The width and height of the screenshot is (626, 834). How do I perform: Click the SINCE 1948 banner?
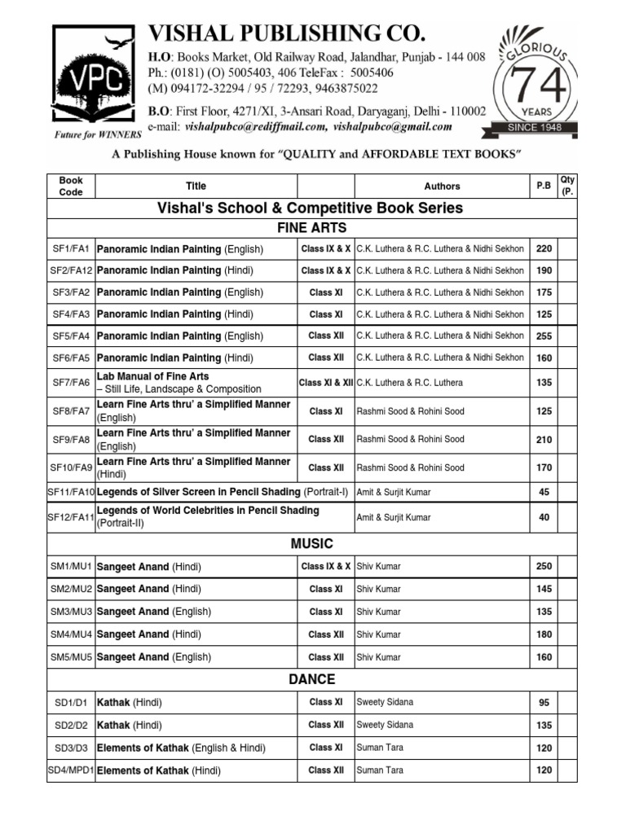pyautogui.click(x=531, y=128)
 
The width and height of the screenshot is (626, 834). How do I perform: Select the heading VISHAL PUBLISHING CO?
pyautogui.click(x=286, y=33)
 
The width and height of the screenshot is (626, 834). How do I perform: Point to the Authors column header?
pyautogui.click(x=442, y=186)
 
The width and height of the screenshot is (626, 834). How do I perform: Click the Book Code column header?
pyautogui.click(x=71, y=186)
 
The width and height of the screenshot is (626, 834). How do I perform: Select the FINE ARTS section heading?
pyautogui.click(x=312, y=227)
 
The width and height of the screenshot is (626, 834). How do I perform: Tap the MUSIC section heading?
pyautogui.click(x=312, y=544)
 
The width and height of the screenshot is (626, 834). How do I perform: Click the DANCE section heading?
pyautogui.click(x=312, y=679)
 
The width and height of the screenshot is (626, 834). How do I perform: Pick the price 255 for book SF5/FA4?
pyautogui.click(x=544, y=336)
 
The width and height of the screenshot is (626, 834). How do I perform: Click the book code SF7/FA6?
pyautogui.click(x=71, y=382)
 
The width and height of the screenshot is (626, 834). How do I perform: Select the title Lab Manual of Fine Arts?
pyautogui.click(x=152, y=376)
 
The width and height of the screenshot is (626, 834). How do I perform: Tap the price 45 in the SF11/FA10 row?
pyautogui.click(x=544, y=492)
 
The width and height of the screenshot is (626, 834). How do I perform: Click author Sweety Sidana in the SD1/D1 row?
pyautogui.click(x=385, y=701)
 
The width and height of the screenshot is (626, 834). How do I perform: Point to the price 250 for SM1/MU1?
pyautogui.click(x=544, y=566)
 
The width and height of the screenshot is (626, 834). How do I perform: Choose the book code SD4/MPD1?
pyautogui.click(x=71, y=770)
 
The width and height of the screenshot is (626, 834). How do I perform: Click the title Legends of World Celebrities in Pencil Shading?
pyautogui.click(x=208, y=511)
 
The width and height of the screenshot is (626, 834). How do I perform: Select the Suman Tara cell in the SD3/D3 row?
pyautogui.click(x=380, y=747)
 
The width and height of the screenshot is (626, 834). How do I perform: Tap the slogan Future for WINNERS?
pyautogui.click(x=97, y=133)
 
